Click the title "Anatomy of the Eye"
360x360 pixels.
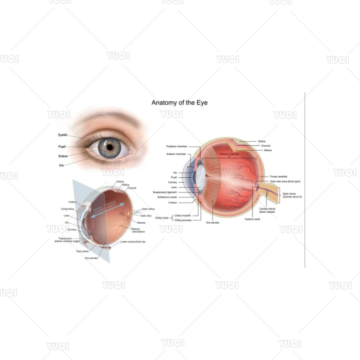(180, 103)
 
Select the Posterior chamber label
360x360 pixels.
(176, 146)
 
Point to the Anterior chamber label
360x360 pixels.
(176, 154)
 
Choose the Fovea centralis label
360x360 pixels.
(279, 176)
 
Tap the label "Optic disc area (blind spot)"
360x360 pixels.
(285, 181)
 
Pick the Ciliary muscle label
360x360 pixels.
(183, 216)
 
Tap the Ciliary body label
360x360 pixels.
(162, 218)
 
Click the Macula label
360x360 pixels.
(141, 223)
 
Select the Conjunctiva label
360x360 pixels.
(67, 209)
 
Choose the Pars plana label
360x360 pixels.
(82, 251)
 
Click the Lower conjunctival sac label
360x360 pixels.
(133, 242)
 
